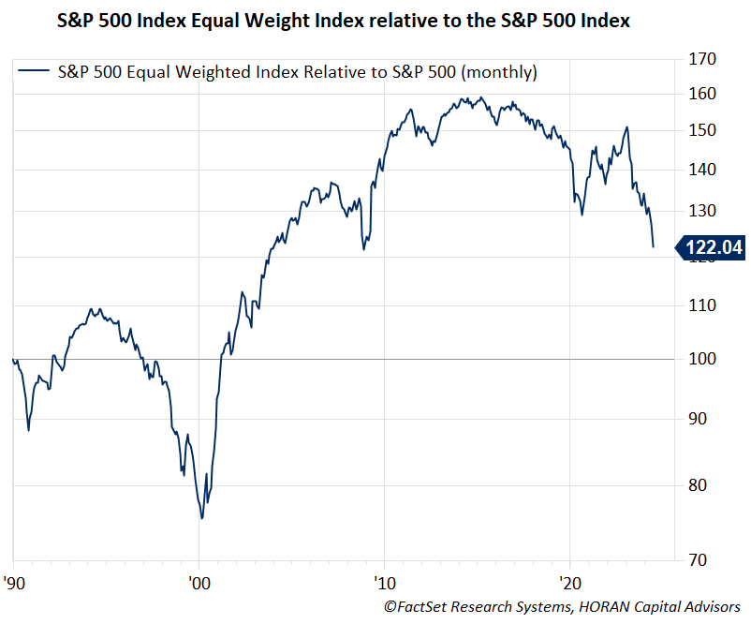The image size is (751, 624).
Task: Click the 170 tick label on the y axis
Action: click(x=702, y=59)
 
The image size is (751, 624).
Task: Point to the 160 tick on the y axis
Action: click(x=702, y=94)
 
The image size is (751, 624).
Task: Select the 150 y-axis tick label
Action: click(x=702, y=130)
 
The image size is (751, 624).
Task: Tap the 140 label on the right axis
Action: click(x=702, y=170)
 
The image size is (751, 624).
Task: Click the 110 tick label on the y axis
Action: click(x=702, y=305)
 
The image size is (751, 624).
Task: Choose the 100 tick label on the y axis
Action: click(x=702, y=359)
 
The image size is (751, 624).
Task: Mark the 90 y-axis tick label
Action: click(x=698, y=419)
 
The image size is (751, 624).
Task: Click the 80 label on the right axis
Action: click(x=698, y=485)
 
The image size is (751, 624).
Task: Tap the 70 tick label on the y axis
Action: click(x=698, y=560)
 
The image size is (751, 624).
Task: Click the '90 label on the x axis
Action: click(x=14, y=580)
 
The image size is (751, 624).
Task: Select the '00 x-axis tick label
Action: click(x=199, y=580)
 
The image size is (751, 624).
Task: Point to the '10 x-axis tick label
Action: click(x=383, y=580)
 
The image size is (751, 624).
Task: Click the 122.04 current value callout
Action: click(x=712, y=247)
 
